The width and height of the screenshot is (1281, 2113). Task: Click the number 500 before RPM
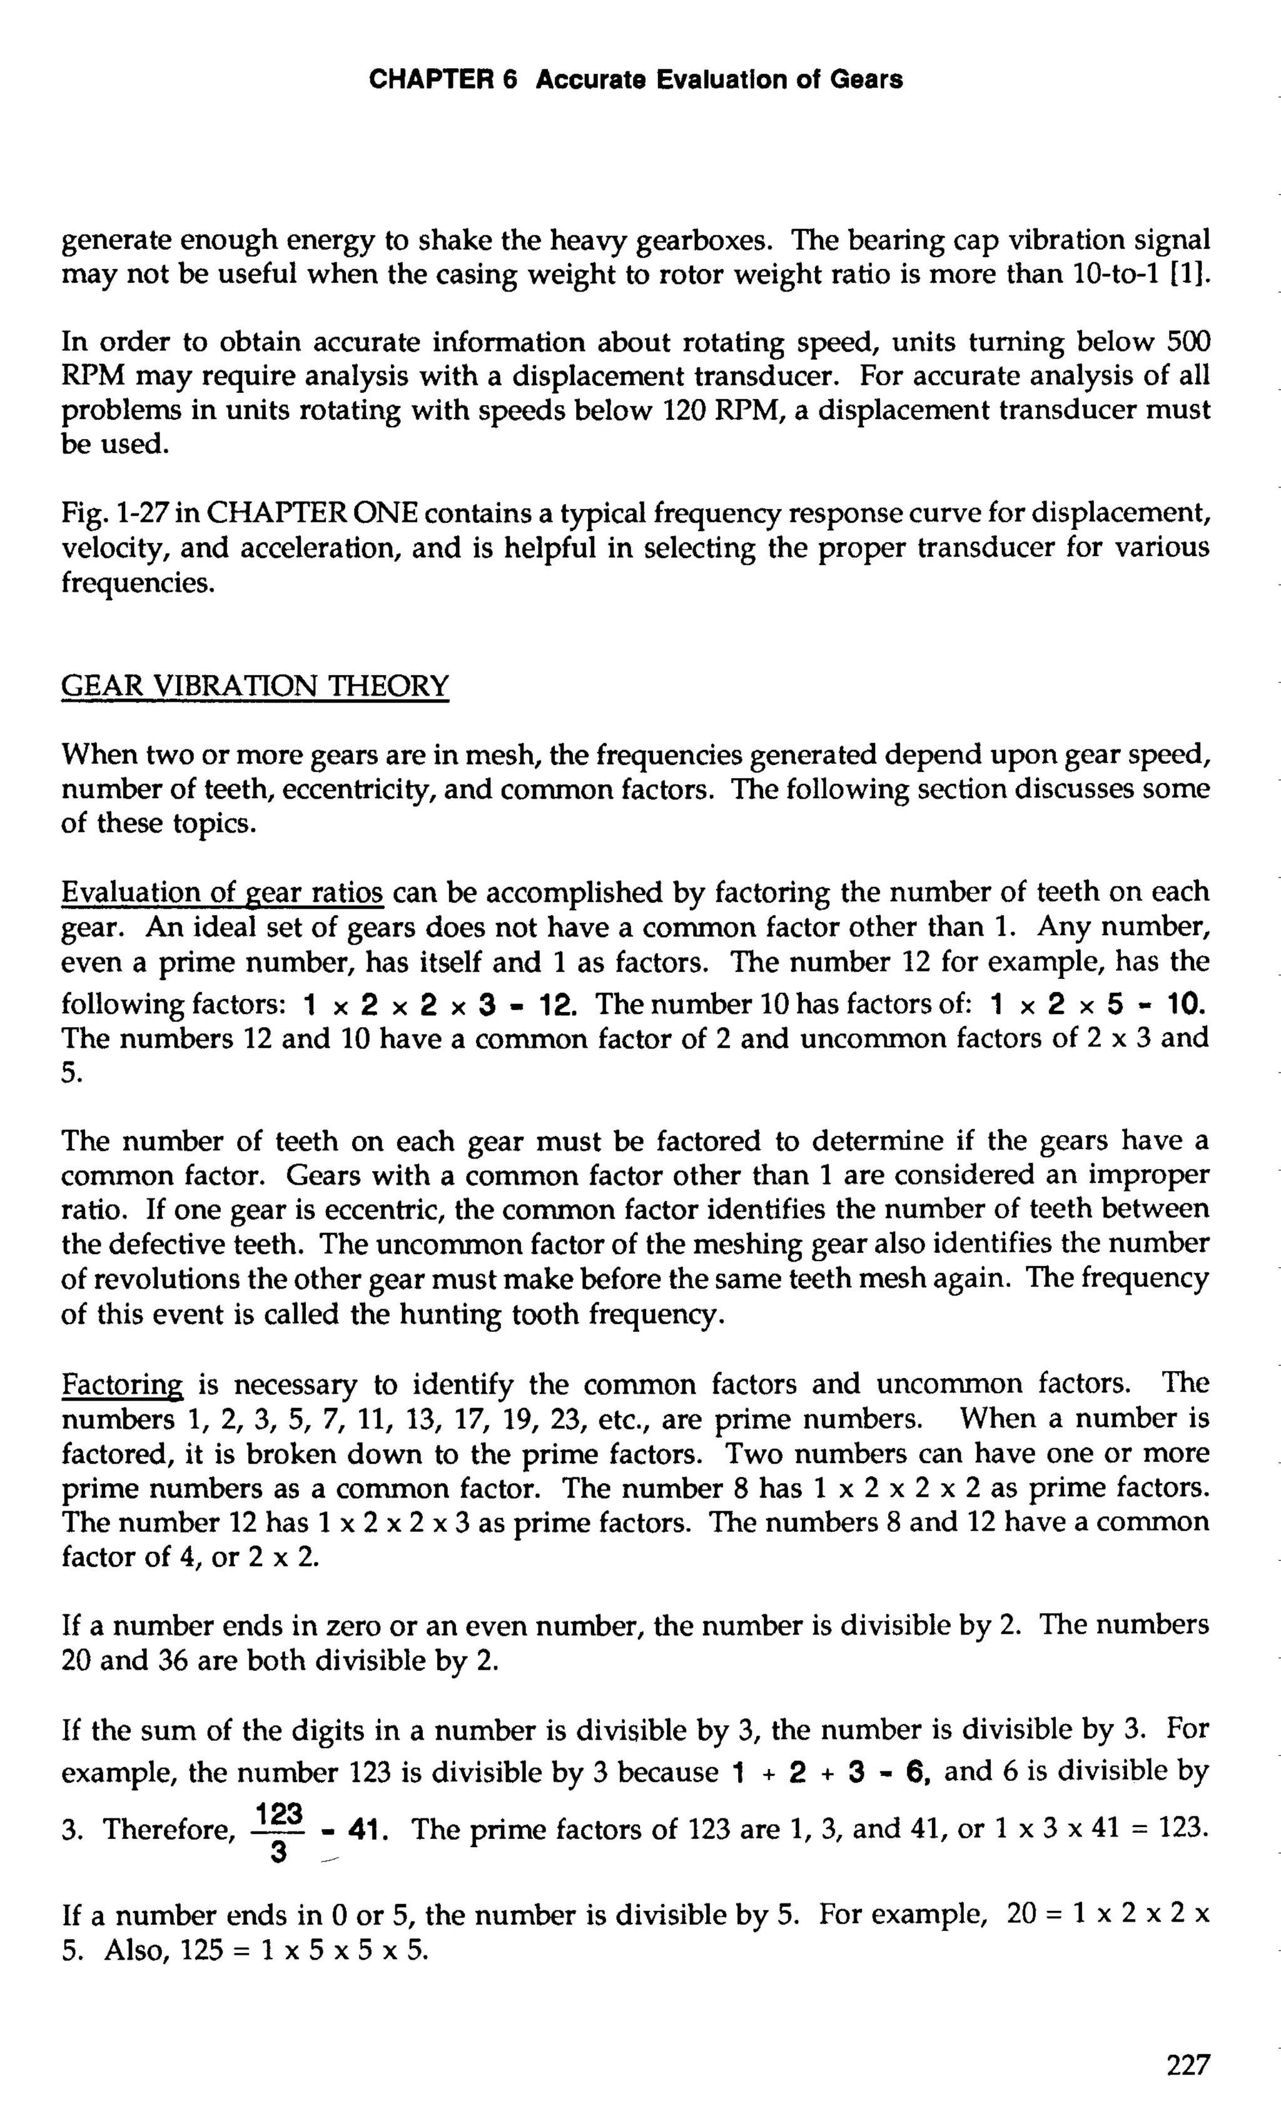[x=1188, y=342]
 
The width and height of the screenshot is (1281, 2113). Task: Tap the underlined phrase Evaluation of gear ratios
[x=222, y=893]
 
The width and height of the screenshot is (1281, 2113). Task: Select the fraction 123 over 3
[x=278, y=1832]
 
